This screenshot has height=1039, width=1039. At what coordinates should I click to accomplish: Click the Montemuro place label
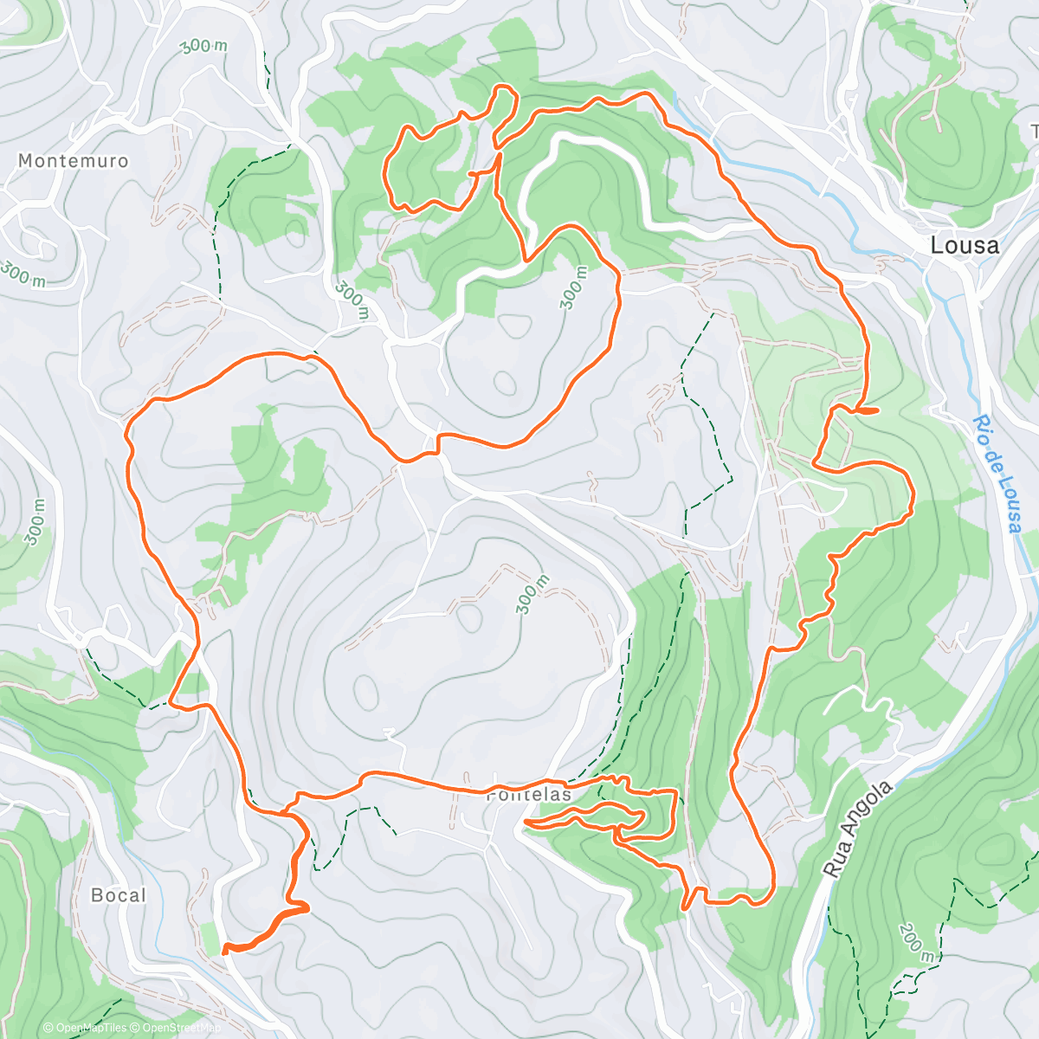pyautogui.click(x=73, y=161)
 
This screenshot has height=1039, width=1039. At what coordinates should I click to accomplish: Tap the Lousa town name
pyautogui.click(x=965, y=246)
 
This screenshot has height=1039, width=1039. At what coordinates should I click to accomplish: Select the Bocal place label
pyautogui.click(x=119, y=895)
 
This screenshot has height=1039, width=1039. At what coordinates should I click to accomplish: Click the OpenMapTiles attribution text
pyautogui.click(x=85, y=1028)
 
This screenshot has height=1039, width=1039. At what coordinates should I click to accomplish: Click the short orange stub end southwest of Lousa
pyautogui.click(x=877, y=410)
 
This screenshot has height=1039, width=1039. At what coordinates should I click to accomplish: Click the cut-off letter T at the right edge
pyautogui.click(x=1034, y=132)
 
